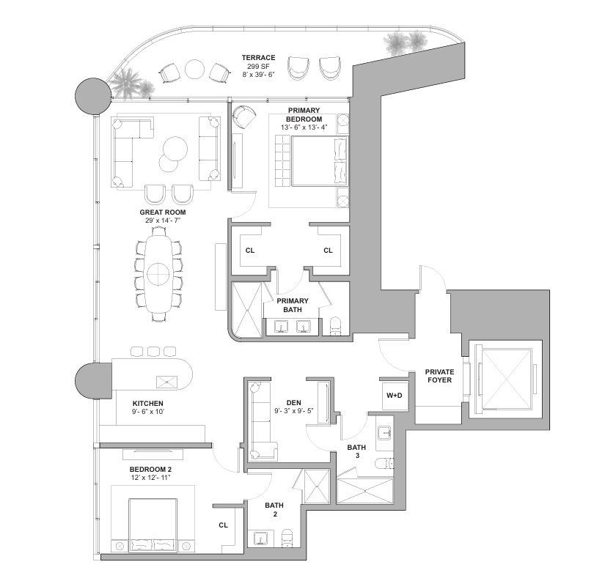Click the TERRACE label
point(258,58)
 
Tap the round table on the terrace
point(194,70)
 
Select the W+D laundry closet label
point(394,396)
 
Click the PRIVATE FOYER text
point(439,376)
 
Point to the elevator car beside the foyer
point(505,380)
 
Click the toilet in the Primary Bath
point(336,326)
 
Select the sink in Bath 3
point(384,433)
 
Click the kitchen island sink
point(166,382)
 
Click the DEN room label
point(293,403)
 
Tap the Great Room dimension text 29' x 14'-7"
point(163,221)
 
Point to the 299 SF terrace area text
point(258,67)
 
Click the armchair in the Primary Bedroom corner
point(243,116)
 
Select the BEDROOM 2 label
point(150,469)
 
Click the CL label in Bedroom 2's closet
point(223,525)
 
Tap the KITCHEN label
point(147,403)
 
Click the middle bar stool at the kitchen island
point(153,352)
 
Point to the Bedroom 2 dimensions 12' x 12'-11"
point(150,478)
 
